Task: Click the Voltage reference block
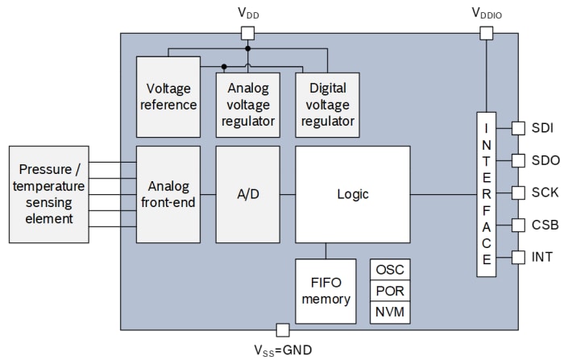[x=168, y=96]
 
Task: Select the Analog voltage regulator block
[x=247, y=104]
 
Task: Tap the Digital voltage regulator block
[x=325, y=104]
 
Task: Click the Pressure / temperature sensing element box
[x=48, y=194]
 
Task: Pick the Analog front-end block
[x=168, y=194]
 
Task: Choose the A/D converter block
[x=247, y=194]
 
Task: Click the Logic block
[x=352, y=194]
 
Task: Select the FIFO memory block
[x=325, y=291]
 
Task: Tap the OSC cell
[x=390, y=271]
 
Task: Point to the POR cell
[x=390, y=292]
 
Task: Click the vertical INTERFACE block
[x=486, y=194]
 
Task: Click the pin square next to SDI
[x=518, y=128]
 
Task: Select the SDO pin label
[x=544, y=160]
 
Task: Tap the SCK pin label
[x=544, y=192]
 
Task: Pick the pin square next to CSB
[x=518, y=225]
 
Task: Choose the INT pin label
[x=542, y=257]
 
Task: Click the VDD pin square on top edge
[x=248, y=33]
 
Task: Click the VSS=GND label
[x=282, y=350]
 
